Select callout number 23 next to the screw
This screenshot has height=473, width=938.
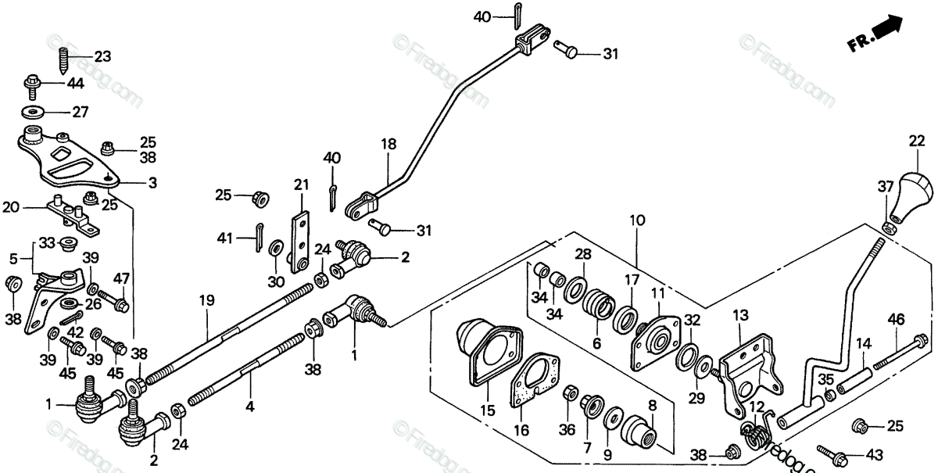[103, 56]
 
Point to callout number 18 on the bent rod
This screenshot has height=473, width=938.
[388, 144]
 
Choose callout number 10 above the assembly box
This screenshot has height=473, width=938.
[637, 220]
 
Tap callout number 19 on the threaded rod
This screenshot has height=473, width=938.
[206, 299]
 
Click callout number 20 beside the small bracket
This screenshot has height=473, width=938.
[10, 208]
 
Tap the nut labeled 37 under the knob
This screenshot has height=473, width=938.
[888, 228]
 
